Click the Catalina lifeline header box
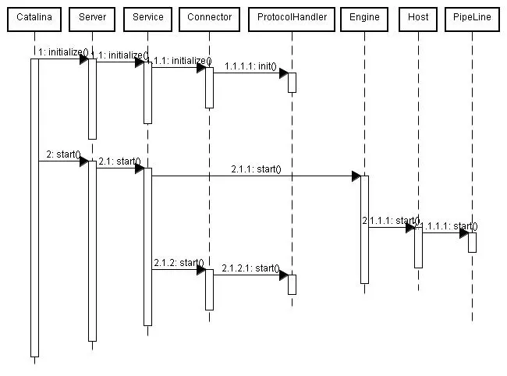pyautogui.click(x=34, y=17)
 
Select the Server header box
pyautogui.click(x=92, y=17)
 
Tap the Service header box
pyautogui.click(x=147, y=17)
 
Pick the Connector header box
pyautogui.click(x=209, y=17)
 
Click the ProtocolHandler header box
pyautogui.click(x=292, y=17)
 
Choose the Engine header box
pyautogui.click(x=364, y=17)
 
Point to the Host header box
pyautogui.click(x=418, y=17)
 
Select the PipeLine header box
pyautogui.click(x=472, y=17)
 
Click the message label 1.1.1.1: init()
pyautogui.click(x=250, y=66)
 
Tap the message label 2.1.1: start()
pyautogui.click(x=255, y=169)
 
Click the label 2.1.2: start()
pyautogui.click(x=179, y=263)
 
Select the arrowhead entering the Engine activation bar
pyautogui.click(x=356, y=176)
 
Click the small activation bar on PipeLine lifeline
pyautogui.click(x=472, y=242)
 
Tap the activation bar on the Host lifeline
pyautogui.click(x=418, y=247)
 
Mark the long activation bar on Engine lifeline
pyautogui.click(x=364, y=229)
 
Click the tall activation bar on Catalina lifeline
pyautogui.click(x=34, y=207)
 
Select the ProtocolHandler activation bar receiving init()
pyautogui.click(x=292, y=82)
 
